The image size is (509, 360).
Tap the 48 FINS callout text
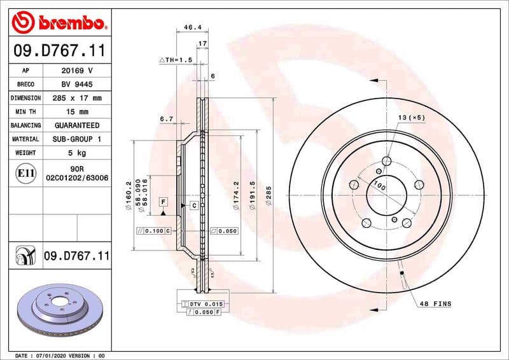coord(435,304)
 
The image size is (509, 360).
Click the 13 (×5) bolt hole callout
coord(410,118)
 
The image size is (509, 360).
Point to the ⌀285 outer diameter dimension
coord(268,191)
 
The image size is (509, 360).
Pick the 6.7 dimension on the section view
coord(167,118)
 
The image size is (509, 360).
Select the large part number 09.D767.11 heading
coord(59,49)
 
